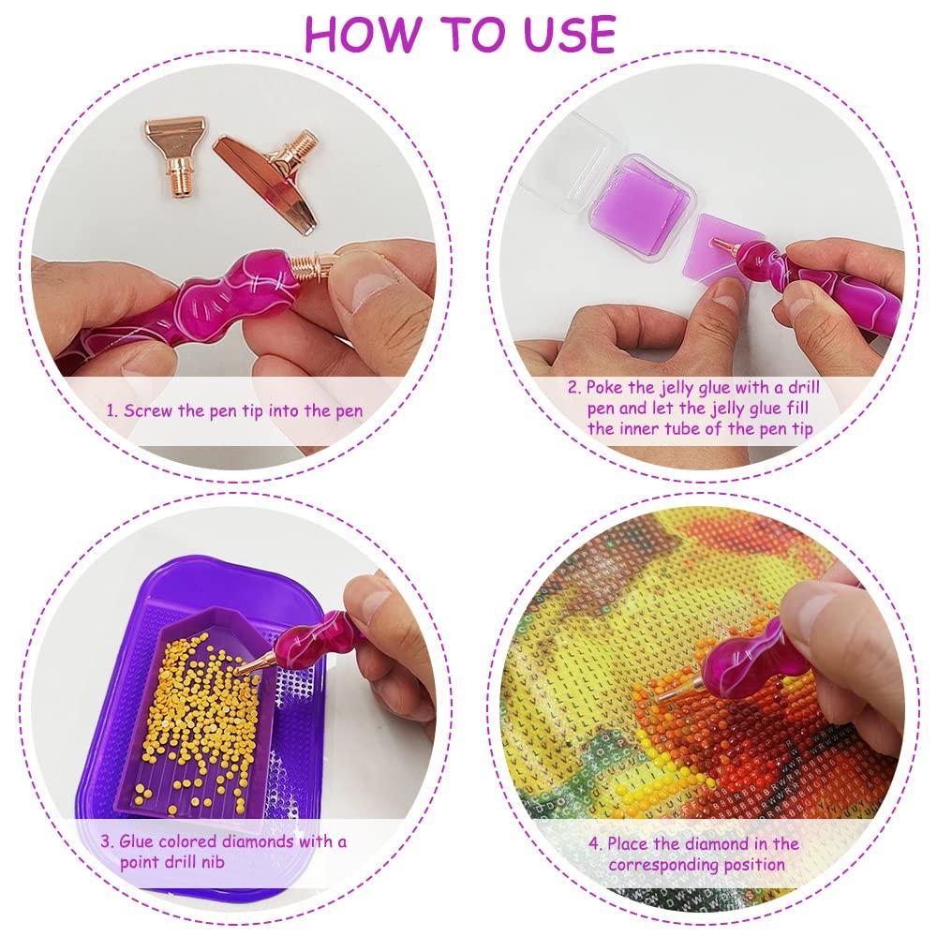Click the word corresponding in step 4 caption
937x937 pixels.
click(663, 865)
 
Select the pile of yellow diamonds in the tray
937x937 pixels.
click(197, 717)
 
